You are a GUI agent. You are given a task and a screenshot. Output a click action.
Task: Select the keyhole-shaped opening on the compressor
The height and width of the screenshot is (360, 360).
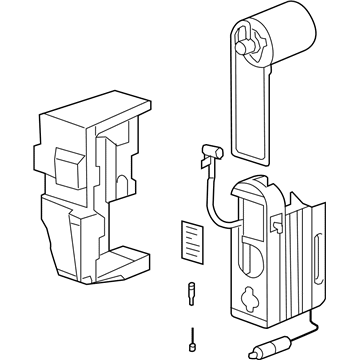click(x=251, y=298)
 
